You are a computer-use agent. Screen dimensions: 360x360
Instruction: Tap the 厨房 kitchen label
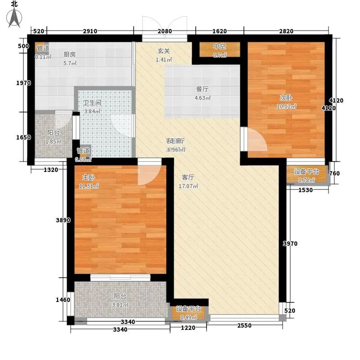click(69, 54)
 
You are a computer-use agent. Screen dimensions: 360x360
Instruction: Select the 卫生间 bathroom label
click(92, 102)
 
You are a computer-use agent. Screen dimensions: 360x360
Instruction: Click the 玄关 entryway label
click(162, 51)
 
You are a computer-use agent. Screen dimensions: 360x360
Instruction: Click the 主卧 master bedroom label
click(88, 177)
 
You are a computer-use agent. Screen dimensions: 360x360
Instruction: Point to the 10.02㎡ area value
click(287, 107)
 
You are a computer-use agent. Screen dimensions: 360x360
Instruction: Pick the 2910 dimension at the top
click(90, 31)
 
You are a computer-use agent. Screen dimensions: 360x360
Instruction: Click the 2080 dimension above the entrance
click(165, 31)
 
